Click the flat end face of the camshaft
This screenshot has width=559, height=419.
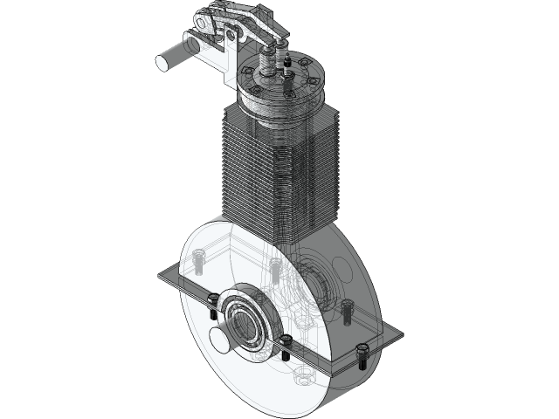coord(164,61)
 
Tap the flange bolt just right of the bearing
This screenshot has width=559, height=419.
coord(285,344)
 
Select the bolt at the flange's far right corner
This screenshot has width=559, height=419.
coord(361,354)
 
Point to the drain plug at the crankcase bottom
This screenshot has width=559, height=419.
coord(303,377)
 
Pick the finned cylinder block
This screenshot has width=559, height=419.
coord(275,175)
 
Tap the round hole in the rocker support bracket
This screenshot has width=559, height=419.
coord(231,35)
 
